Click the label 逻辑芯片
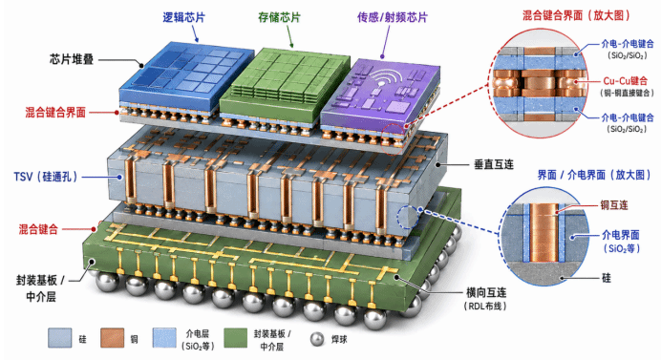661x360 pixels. (x=183, y=17)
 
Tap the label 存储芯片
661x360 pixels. (x=279, y=17)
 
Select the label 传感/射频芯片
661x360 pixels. (x=393, y=17)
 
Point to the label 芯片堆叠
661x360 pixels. (x=72, y=59)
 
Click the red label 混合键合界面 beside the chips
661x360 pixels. (x=55, y=113)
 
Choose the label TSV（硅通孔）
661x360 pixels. (x=46, y=177)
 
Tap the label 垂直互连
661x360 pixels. (x=494, y=164)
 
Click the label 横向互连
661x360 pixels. (x=486, y=292)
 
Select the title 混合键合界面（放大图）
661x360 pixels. (x=577, y=15)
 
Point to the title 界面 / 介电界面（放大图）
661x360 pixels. (x=593, y=175)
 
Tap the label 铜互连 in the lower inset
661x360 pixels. (x=614, y=205)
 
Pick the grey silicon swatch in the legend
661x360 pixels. (x=60, y=338)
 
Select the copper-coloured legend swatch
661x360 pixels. (x=112, y=338)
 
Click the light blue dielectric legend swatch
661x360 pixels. (x=164, y=338)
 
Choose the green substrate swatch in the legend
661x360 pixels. (x=236, y=338)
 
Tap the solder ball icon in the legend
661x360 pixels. (x=317, y=339)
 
